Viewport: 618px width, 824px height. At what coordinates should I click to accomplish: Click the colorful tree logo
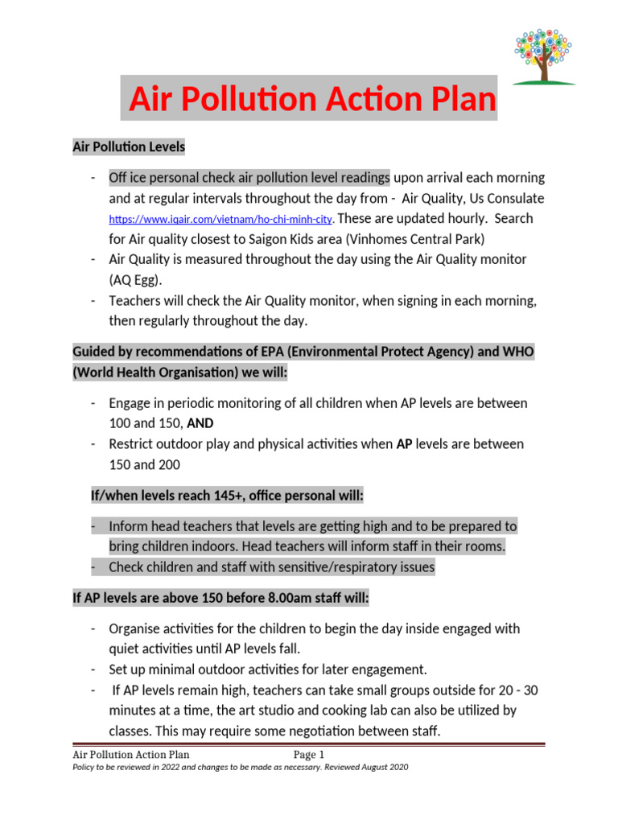[x=544, y=56]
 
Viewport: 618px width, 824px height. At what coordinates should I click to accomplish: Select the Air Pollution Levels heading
[x=129, y=146]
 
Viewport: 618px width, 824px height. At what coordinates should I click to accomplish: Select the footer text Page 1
[x=308, y=754]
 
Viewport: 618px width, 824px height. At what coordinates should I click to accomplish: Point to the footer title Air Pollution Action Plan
[x=131, y=754]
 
